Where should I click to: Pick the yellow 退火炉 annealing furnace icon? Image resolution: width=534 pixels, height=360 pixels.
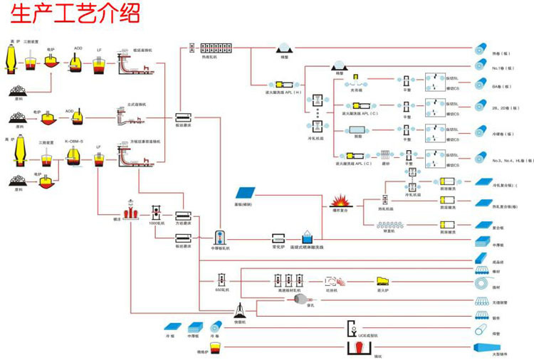click(x=384, y=280)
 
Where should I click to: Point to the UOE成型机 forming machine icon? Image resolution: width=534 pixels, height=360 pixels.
click(x=351, y=328)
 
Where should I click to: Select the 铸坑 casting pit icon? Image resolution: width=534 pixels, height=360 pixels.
click(x=357, y=349)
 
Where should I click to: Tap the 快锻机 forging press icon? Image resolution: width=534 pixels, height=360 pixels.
click(x=241, y=310)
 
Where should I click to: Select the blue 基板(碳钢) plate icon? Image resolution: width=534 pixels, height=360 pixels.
click(x=246, y=194)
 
